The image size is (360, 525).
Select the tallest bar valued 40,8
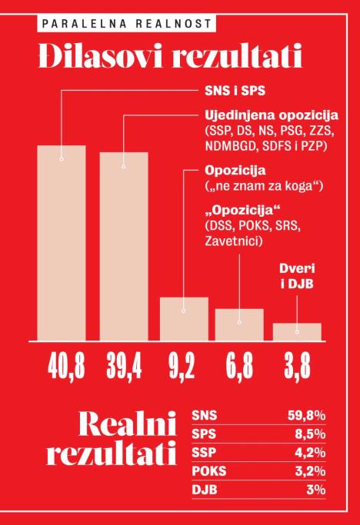tap(62, 242)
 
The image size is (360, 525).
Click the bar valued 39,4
tap(124, 246)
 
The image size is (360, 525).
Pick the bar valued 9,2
tap(184, 318)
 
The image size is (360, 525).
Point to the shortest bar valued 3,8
tap(297, 331)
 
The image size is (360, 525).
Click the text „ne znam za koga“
tap(262, 186)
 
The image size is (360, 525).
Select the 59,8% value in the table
tap(305, 415)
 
